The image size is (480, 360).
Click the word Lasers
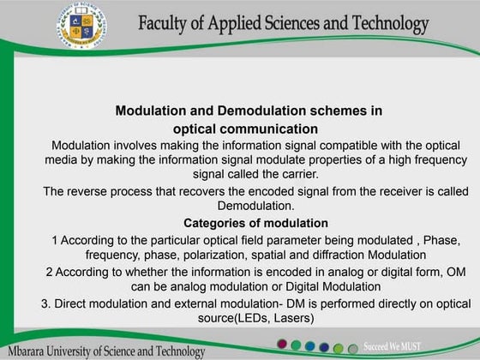[x=293, y=319]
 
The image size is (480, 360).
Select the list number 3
[x=45, y=303]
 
